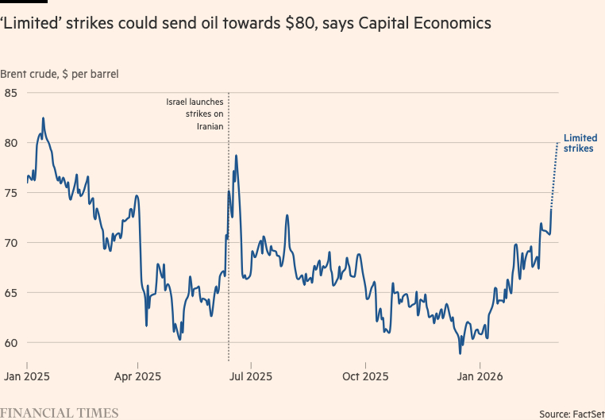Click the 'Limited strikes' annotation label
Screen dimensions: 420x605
click(580, 143)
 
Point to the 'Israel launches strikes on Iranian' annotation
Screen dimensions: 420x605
click(195, 114)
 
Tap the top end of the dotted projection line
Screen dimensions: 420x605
click(556, 143)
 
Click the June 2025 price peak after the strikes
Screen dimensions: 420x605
click(237, 156)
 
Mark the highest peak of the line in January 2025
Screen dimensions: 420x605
click(43, 118)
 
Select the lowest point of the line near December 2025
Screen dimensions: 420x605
click(460, 353)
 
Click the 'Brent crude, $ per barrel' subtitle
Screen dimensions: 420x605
click(60, 74)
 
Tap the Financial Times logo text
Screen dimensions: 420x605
click(60, 413)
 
